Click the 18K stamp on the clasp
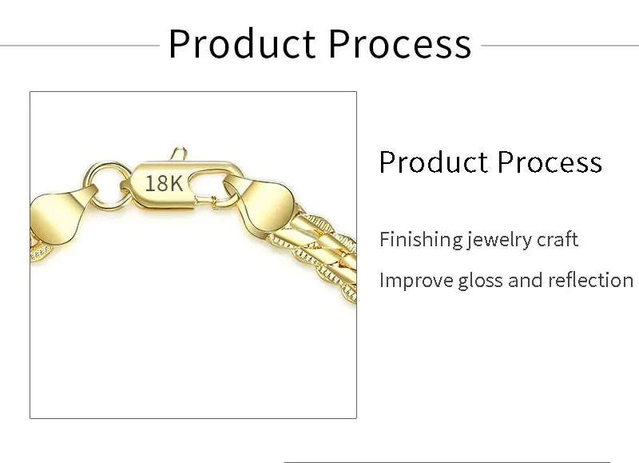(x=164, y=183)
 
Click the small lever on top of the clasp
(x=178, y=154)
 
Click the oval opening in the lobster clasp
(x=208, y=185)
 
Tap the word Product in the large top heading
(x=242, y=44)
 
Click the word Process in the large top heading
(x=400, y=44)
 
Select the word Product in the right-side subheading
(x=434, y=162)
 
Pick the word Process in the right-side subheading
(x=550, y=162)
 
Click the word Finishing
(x=422, y=240)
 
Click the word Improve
(x=416, y=281)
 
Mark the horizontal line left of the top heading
(x=80, y=46)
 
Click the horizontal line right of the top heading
(x=560, y=46)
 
